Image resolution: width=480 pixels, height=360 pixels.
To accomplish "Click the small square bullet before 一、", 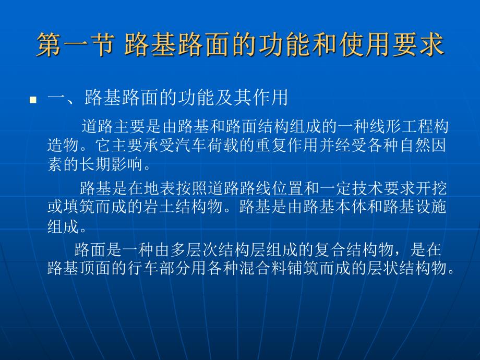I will click(33, 100).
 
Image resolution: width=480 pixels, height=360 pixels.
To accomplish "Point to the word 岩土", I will click(156, 207).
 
